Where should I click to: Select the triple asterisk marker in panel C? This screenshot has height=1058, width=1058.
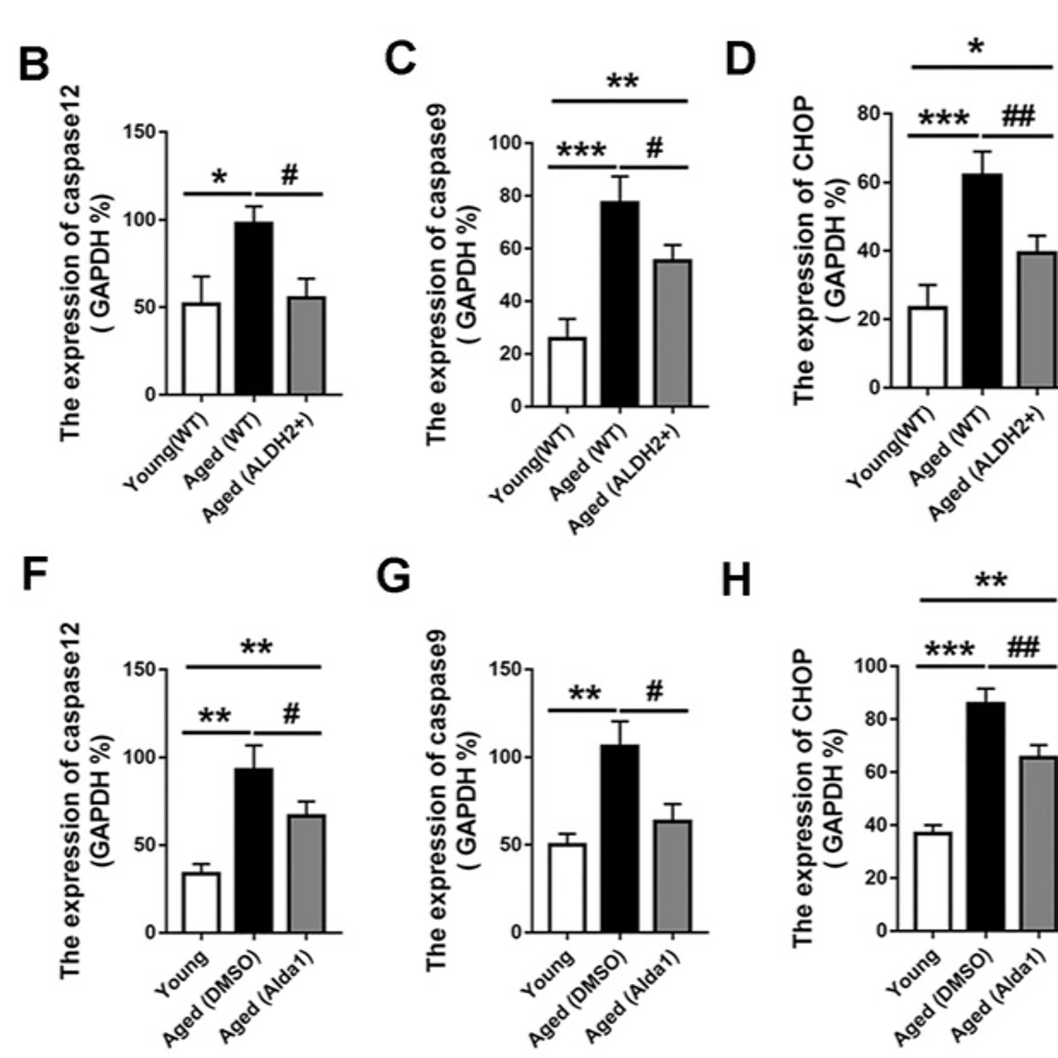click(582, 150)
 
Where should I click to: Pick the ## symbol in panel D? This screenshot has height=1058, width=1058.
click(1018, 117)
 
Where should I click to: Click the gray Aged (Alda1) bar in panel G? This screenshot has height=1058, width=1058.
click(674, 876)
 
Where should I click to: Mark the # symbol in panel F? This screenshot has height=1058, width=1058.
click(291, 713)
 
